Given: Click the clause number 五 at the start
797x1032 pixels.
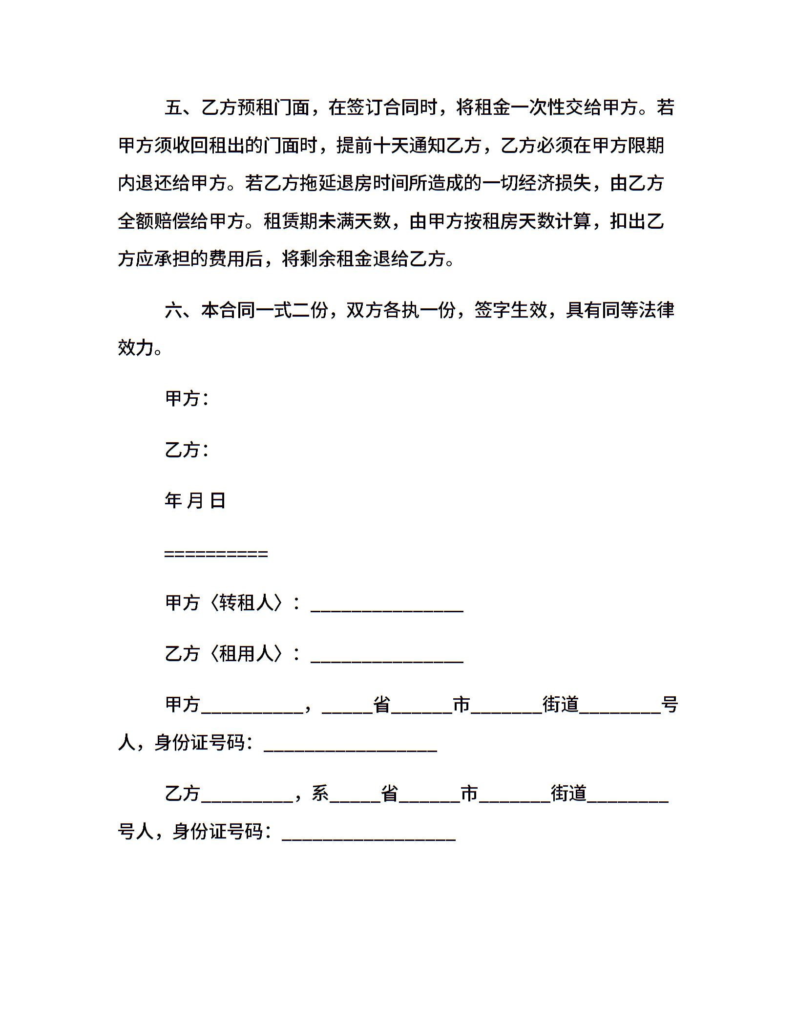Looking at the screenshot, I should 174,107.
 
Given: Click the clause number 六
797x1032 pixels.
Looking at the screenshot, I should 174,310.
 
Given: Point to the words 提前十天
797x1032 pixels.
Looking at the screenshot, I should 373,146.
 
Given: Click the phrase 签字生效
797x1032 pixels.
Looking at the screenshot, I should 510,310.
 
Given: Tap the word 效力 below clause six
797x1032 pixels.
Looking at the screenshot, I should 136,348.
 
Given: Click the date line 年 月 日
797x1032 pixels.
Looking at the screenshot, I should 195,501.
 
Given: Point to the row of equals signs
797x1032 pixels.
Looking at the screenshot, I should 216,554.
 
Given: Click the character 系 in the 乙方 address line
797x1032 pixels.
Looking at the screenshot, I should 320,794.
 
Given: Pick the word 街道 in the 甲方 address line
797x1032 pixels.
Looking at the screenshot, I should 561,705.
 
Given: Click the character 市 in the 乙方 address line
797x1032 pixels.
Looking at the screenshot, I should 469,794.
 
